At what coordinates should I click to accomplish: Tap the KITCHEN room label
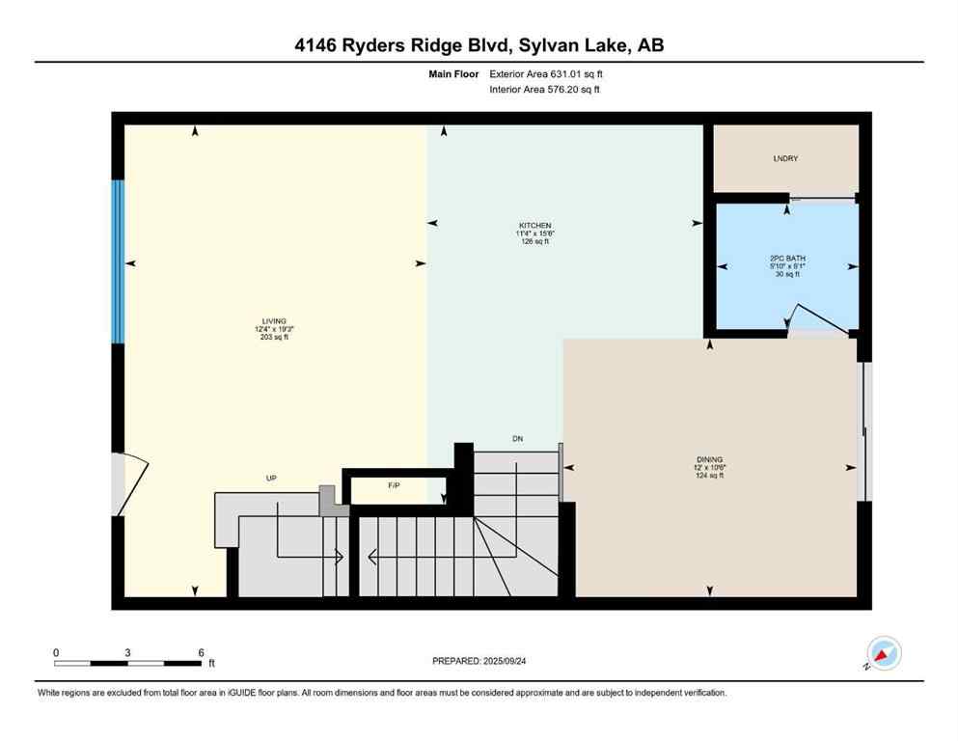[534, 225]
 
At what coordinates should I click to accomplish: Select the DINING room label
[709, 459]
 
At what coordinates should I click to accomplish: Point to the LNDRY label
[784, 158]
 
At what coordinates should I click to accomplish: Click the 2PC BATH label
[785, 258]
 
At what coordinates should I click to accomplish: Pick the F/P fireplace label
[394, 484]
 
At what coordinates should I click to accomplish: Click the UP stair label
[272, 478]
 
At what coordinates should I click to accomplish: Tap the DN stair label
[517, 439]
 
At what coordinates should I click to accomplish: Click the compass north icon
[883, 654]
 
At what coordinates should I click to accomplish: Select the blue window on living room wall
[118, 261]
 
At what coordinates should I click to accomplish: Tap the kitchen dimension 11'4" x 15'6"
[534, 233]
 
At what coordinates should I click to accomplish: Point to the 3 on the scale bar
[127, 652]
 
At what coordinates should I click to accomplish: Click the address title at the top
[479, 45]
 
